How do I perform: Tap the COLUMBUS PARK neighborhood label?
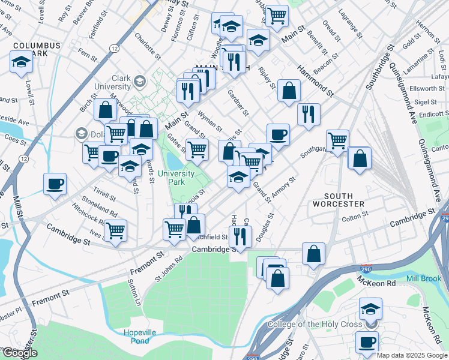37,49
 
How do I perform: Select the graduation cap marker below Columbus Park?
22,62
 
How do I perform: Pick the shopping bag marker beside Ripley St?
289,91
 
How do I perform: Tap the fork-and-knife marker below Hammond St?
309,114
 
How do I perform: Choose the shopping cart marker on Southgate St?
338,141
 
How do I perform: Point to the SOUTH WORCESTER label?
344,200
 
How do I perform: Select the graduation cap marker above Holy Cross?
370,310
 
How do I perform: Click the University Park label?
176,178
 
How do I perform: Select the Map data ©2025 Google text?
412,355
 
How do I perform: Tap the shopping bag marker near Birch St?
105,110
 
